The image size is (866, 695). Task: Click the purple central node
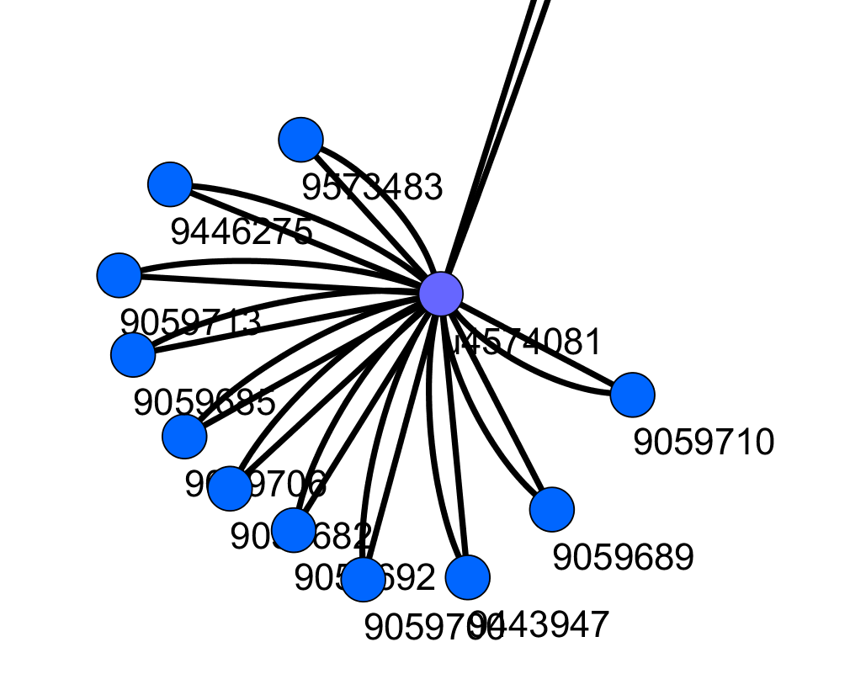point(441,294)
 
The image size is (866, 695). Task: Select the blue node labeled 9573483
point(300,140)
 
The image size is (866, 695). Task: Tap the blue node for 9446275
point(170,184)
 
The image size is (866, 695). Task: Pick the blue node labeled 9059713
point(120,275)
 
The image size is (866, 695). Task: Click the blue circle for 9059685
point(133,354)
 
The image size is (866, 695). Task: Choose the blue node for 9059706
point(184,436)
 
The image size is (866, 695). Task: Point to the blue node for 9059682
point(229,488)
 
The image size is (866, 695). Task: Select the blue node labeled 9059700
point(364,580)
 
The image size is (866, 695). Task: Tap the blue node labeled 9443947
point(467,577)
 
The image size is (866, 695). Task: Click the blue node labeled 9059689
point(552,509)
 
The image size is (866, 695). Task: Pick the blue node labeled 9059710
point(632,395)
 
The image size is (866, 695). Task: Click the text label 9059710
point(703,443)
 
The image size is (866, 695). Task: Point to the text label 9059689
point(623,557)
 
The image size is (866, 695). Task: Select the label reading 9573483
point(372,188)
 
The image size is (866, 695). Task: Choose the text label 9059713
point(190,322)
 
